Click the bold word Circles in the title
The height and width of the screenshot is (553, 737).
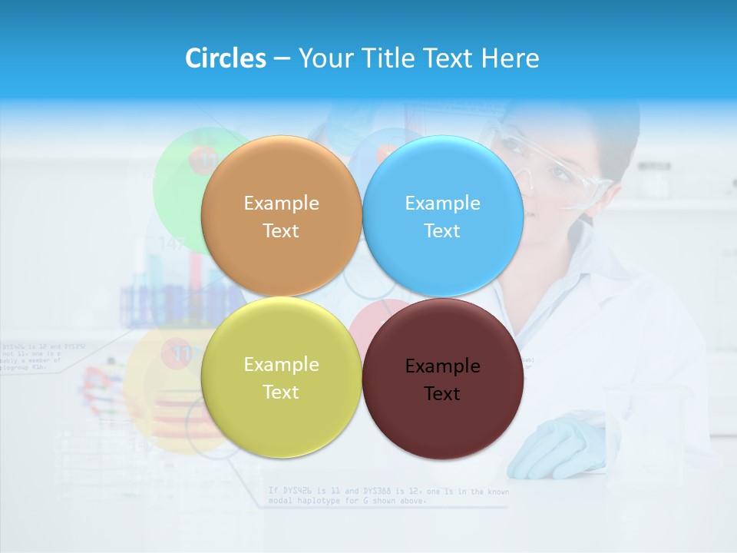point(225,58)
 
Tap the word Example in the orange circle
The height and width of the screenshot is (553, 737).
point(281,204)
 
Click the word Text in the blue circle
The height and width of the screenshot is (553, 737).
point(442,231)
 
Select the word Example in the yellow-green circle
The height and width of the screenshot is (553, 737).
point(281,365)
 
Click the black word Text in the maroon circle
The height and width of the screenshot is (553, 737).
point(442,394)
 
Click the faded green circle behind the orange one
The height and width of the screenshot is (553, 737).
point(180,184)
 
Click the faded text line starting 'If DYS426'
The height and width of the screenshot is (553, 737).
point(388,491)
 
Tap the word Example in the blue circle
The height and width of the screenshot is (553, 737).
point(442,204)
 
